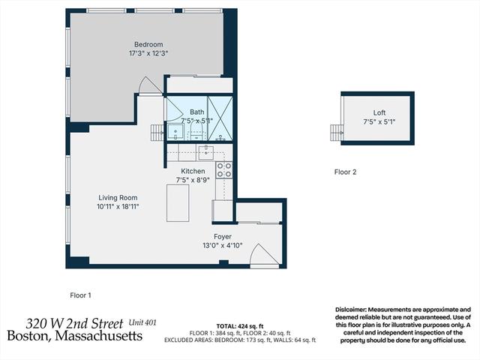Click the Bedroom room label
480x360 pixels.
pos(148,44)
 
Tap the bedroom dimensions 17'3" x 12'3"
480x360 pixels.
pos(148,53)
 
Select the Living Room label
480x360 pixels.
pos(118,198)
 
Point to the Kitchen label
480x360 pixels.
pos(193,171)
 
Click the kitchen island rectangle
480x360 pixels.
pos(178,203)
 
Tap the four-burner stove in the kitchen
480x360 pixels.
pos(223,170)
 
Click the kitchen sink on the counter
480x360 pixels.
pos(206,152)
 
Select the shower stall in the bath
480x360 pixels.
pos(220,118)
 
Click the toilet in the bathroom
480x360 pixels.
pos(196,132)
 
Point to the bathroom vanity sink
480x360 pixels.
pos(175,133)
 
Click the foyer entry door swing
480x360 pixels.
pos(265,255)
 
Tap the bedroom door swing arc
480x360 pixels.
pos(150,85)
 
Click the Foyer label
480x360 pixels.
pos(223,237)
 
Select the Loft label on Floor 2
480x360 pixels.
pos(379,112)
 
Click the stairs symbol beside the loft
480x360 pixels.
pos(337,133)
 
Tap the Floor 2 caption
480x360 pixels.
pos(345,172)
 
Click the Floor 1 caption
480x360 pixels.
pos(80,295)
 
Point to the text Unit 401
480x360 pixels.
pos(142,322)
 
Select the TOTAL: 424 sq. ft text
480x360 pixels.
pos(240,326)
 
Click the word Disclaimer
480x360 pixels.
pos(350,310)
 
